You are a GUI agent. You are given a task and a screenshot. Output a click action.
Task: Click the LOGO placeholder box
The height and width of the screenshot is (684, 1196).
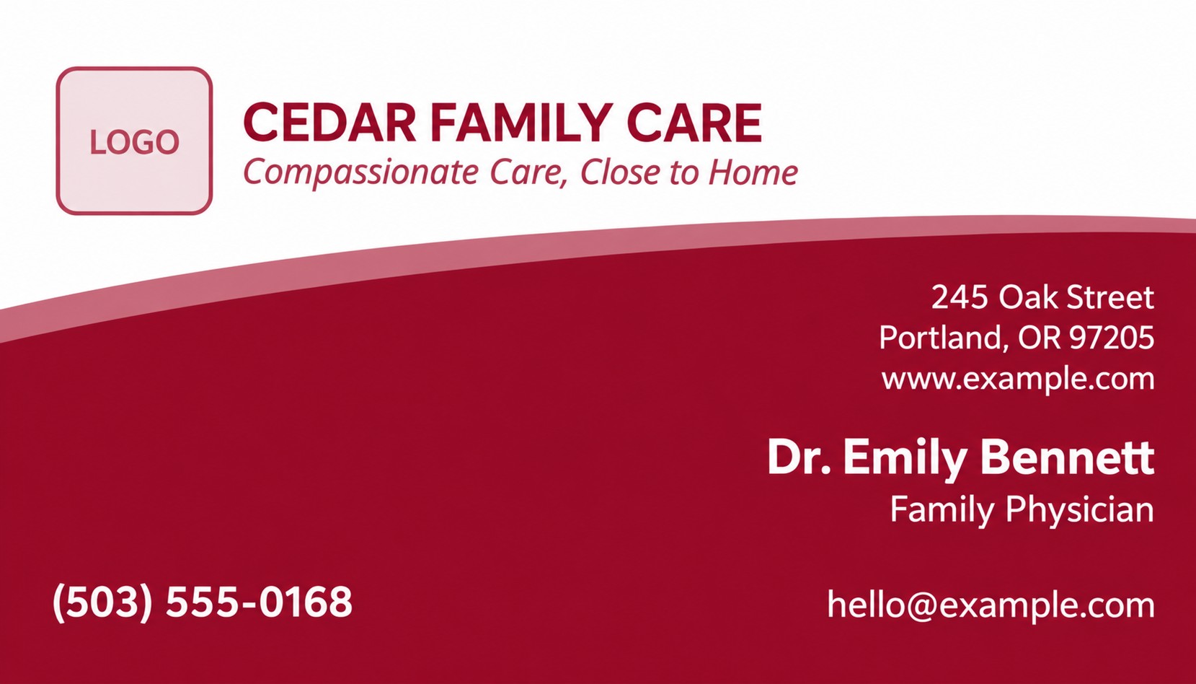(x=134, y=141)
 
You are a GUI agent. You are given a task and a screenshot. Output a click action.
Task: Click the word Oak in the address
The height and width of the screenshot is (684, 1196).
(x=1022, y=297)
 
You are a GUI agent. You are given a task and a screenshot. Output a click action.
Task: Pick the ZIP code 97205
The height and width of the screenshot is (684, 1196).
(x=1112, y=338)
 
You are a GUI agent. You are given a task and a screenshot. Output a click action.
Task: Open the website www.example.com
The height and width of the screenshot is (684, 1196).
(x=1018, y=380)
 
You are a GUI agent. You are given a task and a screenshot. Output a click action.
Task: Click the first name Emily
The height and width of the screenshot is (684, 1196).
(x=905, y=458)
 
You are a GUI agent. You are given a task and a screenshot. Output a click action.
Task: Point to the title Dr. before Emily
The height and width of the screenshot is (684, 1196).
(x=799, y=457)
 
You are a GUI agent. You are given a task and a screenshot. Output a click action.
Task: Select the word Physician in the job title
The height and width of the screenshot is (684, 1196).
(x=1080, y=510)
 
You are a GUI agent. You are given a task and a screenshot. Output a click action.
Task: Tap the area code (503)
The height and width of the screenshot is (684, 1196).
(x=103, y=603)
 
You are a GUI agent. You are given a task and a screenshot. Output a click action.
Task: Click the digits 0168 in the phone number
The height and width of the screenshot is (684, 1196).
(x=306, y=602)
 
